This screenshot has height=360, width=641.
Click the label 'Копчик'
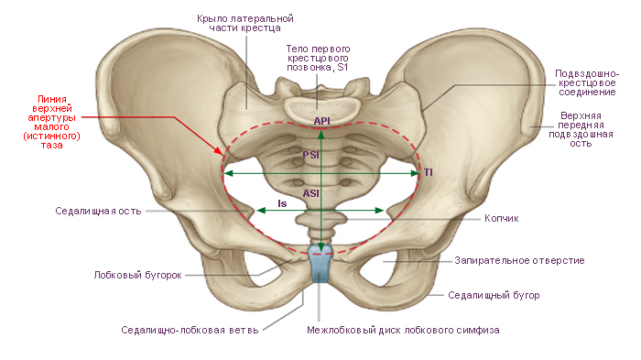point(501,218)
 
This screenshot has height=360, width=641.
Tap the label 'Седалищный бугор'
point(494,295)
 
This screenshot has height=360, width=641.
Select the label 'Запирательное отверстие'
point(519,260)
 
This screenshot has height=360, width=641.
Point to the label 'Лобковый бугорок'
point(137,276)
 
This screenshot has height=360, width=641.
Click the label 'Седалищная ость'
point(98,211)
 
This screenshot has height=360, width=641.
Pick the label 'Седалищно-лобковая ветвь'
point(190,330)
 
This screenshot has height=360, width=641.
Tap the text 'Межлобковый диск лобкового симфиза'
point(403,330)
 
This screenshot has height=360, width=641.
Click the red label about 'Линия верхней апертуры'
point(51,123)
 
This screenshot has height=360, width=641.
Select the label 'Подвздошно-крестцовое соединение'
point(587,83)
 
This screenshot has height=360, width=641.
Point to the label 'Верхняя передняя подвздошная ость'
point(581,129)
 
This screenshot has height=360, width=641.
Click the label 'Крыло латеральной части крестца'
point(244,23)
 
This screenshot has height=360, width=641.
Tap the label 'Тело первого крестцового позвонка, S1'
point(318,58)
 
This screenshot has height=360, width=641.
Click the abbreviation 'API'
point(321,121)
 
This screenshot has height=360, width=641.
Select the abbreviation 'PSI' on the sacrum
point(310,155)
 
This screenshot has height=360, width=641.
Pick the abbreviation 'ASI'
point(310,193)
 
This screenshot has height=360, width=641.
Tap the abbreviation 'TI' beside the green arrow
point(428,172)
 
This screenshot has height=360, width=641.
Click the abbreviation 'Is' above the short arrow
point(282,203)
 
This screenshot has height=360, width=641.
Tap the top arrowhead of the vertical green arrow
point(321,134)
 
